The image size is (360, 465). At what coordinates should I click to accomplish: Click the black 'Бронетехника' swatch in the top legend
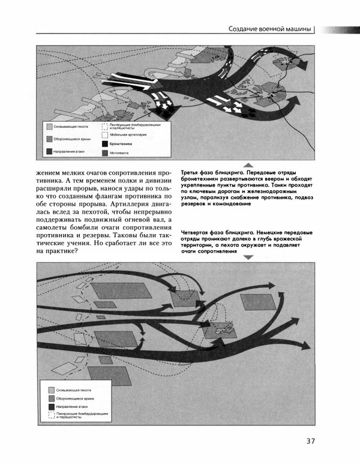[x=106, y=145]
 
